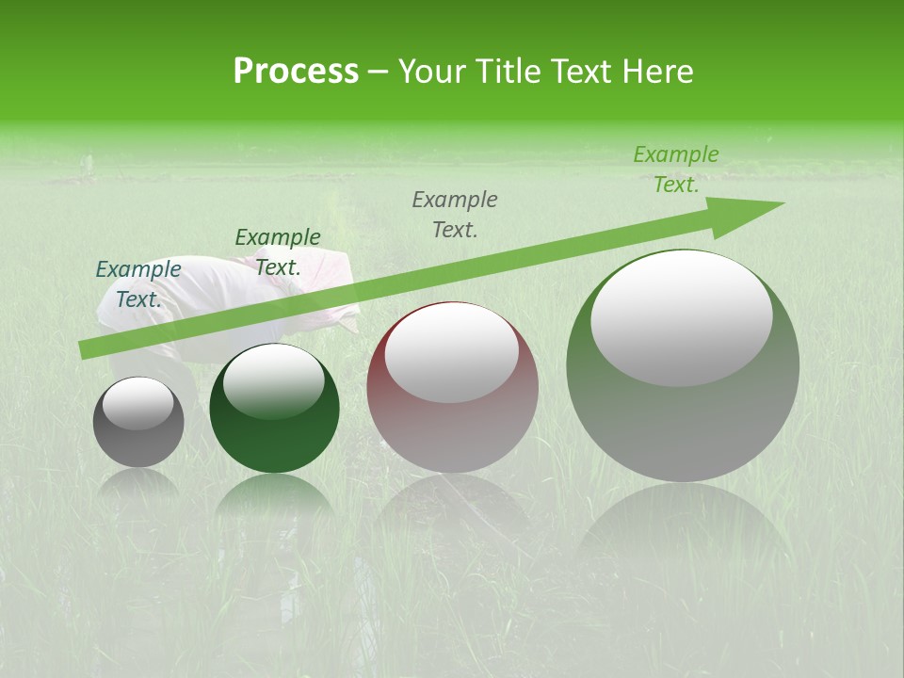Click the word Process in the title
(x=296, y=71)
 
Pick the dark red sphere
(x=452, y=414)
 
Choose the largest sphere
(x=683, y=395)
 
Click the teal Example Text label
(x=138, y=283)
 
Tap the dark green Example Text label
(x=278, y=251)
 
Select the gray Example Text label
(x=455, y=214)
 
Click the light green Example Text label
(x=676, y=169)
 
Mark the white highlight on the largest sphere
(x=681, y=316)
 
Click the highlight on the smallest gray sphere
(x=138, y=403)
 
